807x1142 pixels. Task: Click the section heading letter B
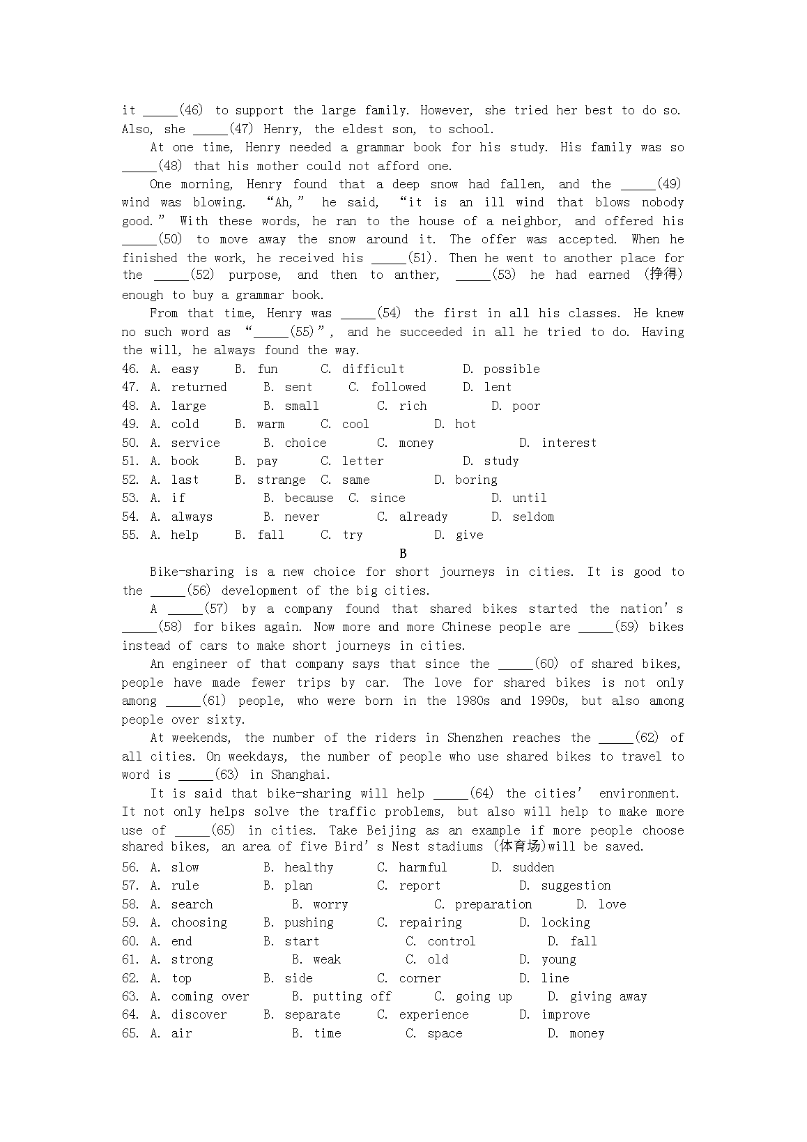click(403, 554)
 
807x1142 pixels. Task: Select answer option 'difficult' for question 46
click(373, 369)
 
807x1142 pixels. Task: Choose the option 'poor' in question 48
click(525, 406)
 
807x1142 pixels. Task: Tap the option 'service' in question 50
click(195, 443)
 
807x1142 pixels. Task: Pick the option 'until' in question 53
click(529, 498)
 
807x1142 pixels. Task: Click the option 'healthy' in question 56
click(309, 867)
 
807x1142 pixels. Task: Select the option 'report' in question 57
click(420, 885)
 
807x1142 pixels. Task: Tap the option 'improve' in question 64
click(565, 1014)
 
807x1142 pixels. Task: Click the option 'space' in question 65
click(445, 1033)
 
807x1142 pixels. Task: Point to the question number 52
click(130, 480)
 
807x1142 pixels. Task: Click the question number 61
click(130, 959)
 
